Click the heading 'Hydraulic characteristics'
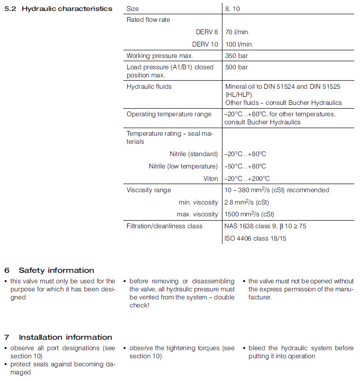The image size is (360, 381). pos(67,9)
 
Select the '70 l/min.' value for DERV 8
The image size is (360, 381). pos(237,32)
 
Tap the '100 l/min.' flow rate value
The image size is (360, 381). pos(239,44)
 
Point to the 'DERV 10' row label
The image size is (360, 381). pos(205,44)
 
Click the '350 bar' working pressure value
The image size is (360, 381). pos(236,56)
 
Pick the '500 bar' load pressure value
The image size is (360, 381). pos(236,67)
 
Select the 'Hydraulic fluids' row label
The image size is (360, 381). pos(149,87)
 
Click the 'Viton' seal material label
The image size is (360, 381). pos(211,179)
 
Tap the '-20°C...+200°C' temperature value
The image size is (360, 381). pos(247,179)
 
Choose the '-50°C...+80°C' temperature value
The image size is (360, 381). pos(245,167)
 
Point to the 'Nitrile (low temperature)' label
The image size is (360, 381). pos(183,167)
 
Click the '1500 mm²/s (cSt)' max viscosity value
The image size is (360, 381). pos(249,214)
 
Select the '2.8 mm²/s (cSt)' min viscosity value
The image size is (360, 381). pos(247,202)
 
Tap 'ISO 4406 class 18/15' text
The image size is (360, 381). pos(256,238)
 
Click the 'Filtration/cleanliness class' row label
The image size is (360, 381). pos(164,226)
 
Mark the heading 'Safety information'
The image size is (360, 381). pos(56,270)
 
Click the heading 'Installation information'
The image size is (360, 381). pos(65,337)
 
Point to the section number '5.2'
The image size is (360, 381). pos(10,9)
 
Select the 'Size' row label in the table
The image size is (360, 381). pos(133,9)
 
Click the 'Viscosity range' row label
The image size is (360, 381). pos(148,190)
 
